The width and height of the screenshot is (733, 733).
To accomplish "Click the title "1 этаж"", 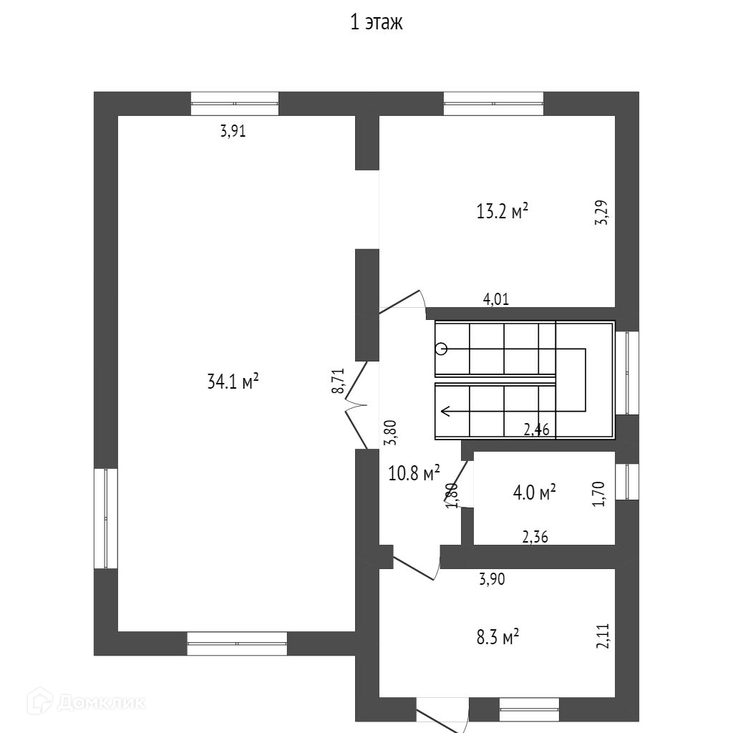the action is [377, 23].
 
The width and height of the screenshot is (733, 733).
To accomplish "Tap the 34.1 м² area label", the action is [233, 382].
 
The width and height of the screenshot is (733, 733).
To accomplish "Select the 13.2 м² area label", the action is [503, 211].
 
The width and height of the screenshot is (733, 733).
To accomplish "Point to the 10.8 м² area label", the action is [414, 473].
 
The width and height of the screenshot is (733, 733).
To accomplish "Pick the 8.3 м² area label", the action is [497, 637].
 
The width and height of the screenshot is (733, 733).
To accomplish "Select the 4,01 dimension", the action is [496, 300].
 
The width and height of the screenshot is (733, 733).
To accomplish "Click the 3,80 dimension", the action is [391, 432].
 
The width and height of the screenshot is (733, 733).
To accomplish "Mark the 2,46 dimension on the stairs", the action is [536, 429].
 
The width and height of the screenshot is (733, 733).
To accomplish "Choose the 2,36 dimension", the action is [535, 538].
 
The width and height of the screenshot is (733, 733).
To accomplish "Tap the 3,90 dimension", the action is [492, 580].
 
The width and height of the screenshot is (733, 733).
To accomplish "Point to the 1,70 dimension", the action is [601, 494].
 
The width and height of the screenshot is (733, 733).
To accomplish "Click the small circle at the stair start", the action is [442, 349].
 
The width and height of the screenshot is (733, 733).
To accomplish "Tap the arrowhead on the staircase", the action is [445, 411].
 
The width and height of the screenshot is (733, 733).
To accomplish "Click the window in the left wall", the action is [106, 518].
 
